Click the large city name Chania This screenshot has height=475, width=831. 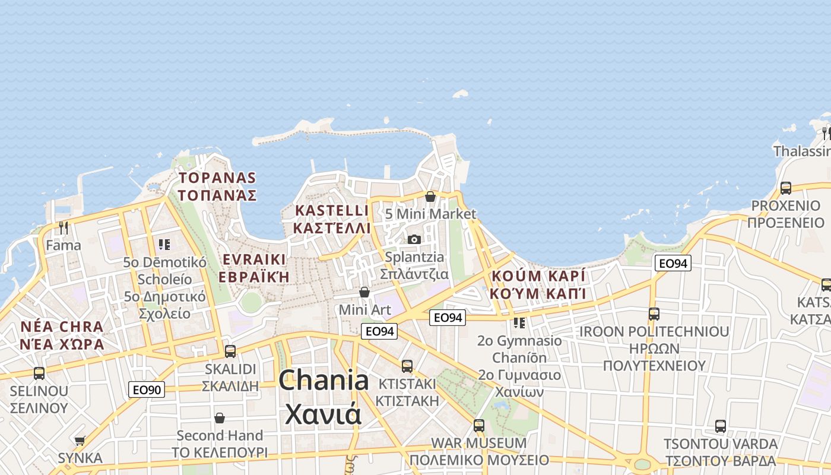323,381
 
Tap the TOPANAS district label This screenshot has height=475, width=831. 217,178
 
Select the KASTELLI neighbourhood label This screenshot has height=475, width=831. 332,211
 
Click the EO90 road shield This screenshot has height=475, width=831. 147,389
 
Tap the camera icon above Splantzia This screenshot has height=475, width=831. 414,239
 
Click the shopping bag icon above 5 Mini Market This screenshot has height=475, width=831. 430,196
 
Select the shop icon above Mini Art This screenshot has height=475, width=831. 364,292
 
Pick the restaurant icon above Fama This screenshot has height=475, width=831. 64,227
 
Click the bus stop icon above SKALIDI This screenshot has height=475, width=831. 230,351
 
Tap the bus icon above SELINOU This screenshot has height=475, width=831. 39,373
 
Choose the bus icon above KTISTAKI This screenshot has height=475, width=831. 407,366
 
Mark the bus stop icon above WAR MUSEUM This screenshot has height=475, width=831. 479,426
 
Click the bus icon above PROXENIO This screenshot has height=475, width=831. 786,188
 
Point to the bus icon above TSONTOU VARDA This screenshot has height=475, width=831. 721,426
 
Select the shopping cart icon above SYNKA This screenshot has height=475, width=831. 80,441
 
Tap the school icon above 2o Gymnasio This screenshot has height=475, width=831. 519,323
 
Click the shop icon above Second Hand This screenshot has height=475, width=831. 220,418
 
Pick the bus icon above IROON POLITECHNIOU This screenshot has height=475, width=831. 654,314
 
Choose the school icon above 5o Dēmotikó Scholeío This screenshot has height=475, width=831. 164,244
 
